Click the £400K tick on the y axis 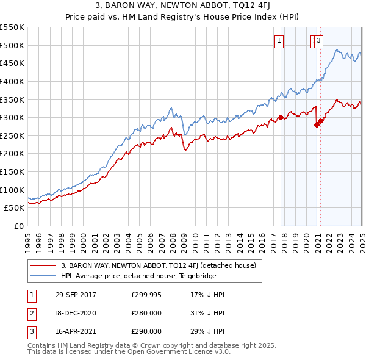click(12, 81)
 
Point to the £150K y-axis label click(12, 171)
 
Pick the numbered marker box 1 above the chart click(279, 41)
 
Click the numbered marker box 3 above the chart click(319, 41)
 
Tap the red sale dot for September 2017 click(281, 117)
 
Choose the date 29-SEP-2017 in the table click(76, 295)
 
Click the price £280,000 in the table click(146, 313)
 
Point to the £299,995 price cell click(146, 295)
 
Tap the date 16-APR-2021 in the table click(76, 331)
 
